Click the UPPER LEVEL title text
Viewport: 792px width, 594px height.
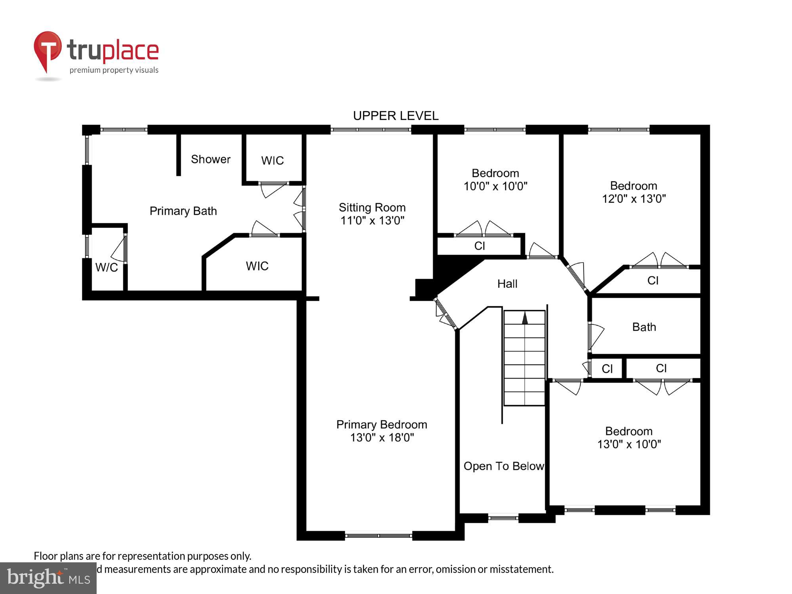tap(396, 116)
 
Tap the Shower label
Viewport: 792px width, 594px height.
tap(210, 159)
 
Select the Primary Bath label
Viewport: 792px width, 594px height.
tap(183, 211)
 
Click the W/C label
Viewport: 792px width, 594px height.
tap(107, 267)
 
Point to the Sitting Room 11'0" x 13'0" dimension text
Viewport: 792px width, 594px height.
tap(372, 220)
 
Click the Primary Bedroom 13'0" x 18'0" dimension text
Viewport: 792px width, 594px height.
tap(382, 437)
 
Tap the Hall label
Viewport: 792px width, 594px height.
tap(507, 284)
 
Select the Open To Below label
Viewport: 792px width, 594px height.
tap(503, 466)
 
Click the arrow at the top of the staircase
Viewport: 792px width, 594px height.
tap(525, 318)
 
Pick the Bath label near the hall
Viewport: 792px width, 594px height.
tap(644, 327)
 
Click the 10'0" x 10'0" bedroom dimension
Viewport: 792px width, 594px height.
tap(495, 186)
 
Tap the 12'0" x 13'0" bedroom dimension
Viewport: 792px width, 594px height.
tap(634, 198)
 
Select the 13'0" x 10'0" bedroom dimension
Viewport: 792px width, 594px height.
tap(629, 444)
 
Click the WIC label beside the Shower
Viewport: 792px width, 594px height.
tap(272, 160)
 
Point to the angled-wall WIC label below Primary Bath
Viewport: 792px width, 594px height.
tap(257, 266)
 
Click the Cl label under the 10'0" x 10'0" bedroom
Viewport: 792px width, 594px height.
tap(480, 246)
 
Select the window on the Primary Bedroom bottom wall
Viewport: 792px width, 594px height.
tap(379, 535)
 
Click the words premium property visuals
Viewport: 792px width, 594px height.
tap(114, 70)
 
